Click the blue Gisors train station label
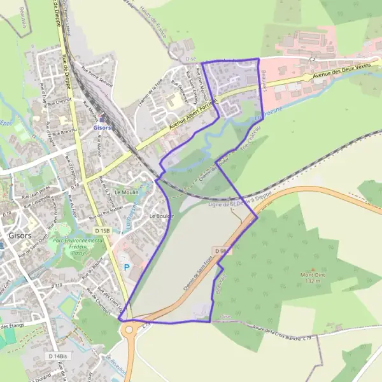[102, 127]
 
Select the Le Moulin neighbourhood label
[126, 192]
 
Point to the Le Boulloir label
[162, 216]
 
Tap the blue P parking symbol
[125, 267]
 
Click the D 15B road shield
[103, 230]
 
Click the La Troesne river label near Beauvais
[267, 115]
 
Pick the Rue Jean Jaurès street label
[35, 192]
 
